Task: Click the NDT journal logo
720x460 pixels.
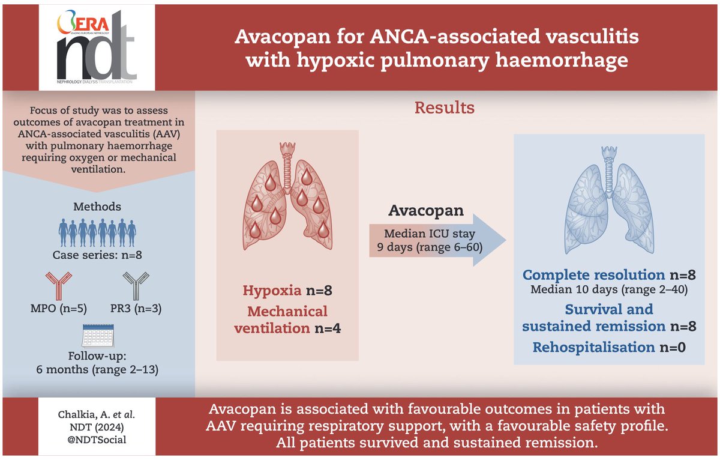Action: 97,46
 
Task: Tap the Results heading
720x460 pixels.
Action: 445,108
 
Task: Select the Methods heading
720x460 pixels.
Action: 97,207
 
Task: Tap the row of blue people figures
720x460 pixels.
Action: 97,230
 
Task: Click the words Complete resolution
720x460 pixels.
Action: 594,275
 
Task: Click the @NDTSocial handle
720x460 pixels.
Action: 96,440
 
